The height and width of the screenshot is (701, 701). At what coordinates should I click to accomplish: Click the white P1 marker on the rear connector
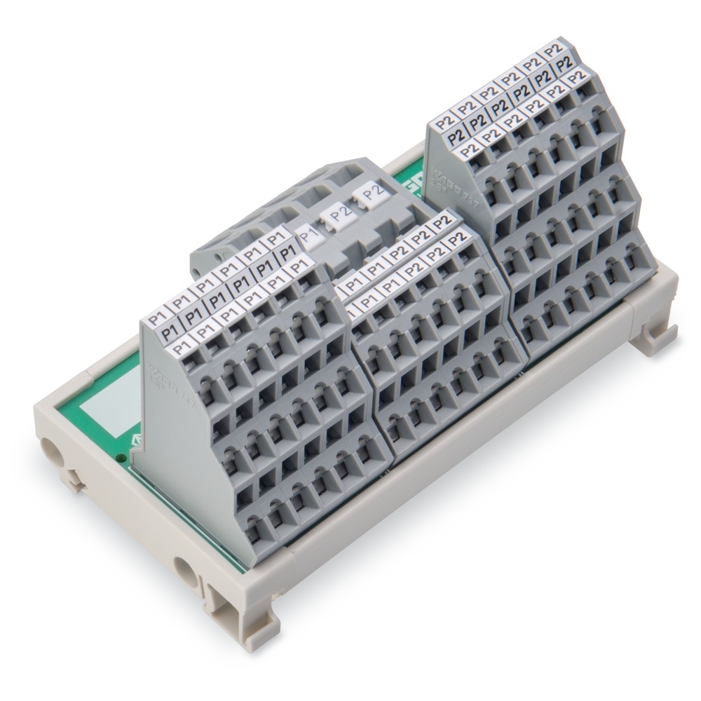coord(306,234)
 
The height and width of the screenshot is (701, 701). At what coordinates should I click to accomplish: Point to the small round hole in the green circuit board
coord(125,458)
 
